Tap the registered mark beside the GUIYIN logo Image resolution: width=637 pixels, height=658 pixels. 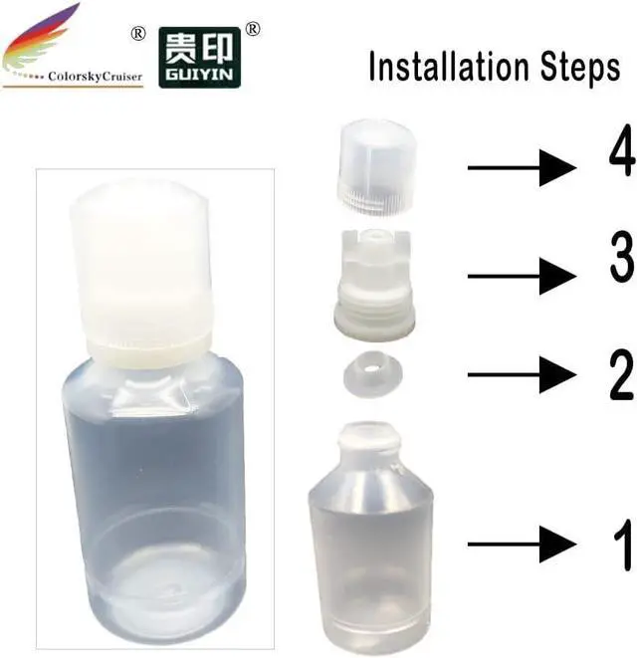[254, 30]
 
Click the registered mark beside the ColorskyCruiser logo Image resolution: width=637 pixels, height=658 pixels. [138, 34]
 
